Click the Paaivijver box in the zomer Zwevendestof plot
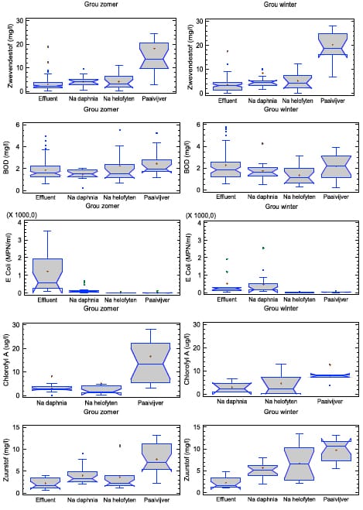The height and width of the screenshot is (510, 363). point(154,56)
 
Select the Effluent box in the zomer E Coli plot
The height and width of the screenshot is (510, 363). point(48,276)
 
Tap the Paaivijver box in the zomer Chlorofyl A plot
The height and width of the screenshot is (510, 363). point(151,363)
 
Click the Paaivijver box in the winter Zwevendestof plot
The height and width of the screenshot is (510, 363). point(333,46)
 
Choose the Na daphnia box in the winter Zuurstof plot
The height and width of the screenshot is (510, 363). point(262,471)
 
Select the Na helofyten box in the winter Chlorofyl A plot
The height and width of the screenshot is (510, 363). point(281,385)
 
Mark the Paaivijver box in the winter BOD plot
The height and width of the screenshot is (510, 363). point(336,166)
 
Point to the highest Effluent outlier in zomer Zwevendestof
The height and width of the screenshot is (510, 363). point(48,47)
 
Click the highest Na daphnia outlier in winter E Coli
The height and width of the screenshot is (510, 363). point(263,248)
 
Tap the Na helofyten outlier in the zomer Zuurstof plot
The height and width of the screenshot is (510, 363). point(120,446)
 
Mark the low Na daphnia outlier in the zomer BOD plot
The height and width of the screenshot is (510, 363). point(83,188)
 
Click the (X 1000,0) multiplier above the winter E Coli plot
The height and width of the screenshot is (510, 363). point(200,216)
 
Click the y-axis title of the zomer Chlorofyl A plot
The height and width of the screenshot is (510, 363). point(6,361)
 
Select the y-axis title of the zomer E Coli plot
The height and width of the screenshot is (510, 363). point(9,258)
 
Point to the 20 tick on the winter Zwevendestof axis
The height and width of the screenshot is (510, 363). point(199,45)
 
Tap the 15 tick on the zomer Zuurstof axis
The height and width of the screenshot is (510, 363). point(16,427)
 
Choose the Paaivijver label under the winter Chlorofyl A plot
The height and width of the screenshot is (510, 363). point(330,402)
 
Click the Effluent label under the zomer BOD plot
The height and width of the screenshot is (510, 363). point(46,197)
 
